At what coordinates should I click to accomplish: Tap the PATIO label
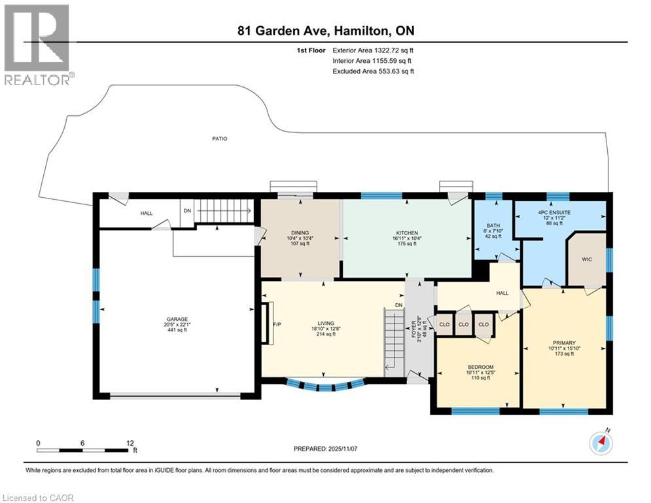(219, 138)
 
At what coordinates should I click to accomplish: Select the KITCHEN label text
(406, 233)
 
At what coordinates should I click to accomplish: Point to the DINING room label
(300, 233)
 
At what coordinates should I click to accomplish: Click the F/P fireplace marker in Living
(276, 324)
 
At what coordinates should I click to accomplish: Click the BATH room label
(493, 226)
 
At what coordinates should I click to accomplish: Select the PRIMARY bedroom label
(563, 342)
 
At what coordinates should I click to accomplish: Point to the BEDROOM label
(480, 367)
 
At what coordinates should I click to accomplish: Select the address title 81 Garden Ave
(325, 31)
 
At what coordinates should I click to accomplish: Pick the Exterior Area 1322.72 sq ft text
(374, 50)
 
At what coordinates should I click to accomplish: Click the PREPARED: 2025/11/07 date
(325, 449)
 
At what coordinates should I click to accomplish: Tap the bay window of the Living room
(325, 385)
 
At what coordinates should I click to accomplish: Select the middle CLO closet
(464, 324)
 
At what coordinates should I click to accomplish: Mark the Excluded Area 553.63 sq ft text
(374, 71)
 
